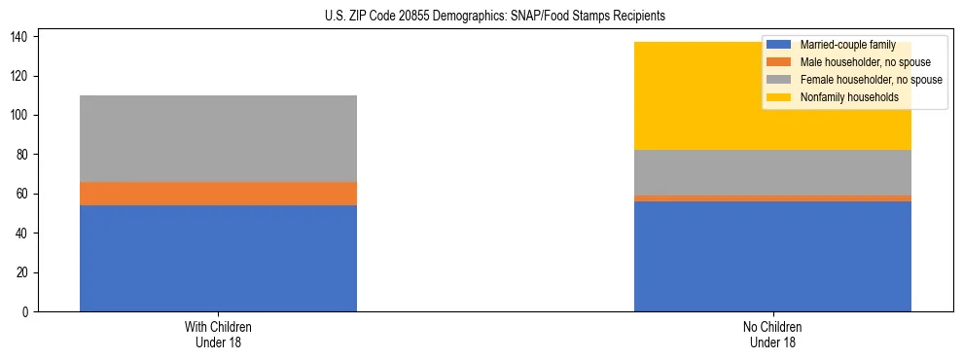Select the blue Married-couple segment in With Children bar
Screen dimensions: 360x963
pyautogui.click(x=218, y=258)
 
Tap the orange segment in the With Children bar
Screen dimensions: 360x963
pyautogui.click(x=218, y=194)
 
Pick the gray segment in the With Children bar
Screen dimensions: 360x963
pyautogui.click(x=218, y=138)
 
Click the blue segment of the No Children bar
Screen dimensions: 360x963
pyautogui.click(x=772, y=256)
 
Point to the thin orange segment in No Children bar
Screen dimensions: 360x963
pyautogui.click(x=772, y=198)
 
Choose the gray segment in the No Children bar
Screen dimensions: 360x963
pyautogui.click(x=772, y=172)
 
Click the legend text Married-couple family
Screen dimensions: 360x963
pyautogui.click(x=846, y=45)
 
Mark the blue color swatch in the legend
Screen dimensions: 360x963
pyautogui.click(x=780, y=45)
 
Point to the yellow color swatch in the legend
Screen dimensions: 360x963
pyautogui.click(x=780, y=97)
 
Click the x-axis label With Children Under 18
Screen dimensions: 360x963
pyautogui.click(x=218, y=334)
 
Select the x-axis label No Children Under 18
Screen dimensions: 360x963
pyautogui.click(x=772, y=334)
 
